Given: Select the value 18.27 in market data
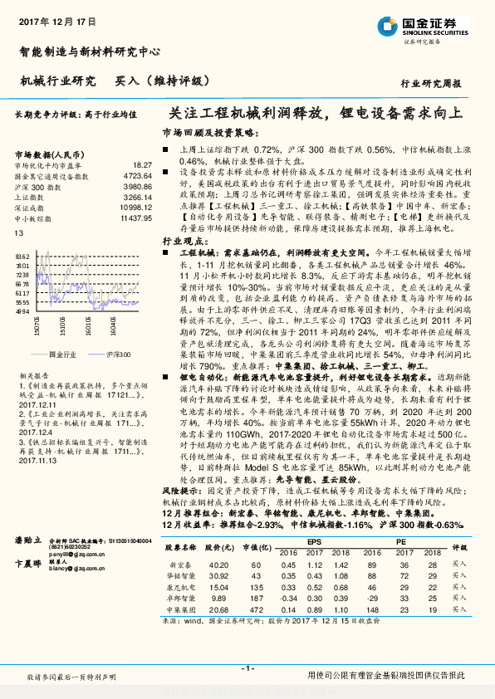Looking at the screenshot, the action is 143,166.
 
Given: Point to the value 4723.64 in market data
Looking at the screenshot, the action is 138,176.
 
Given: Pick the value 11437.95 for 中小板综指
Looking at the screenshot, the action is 136,218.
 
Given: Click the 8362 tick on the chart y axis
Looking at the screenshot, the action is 22,257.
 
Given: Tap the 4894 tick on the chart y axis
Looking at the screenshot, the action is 22,312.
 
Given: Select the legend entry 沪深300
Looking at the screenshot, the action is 119,354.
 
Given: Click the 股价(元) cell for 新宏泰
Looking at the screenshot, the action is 218,563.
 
